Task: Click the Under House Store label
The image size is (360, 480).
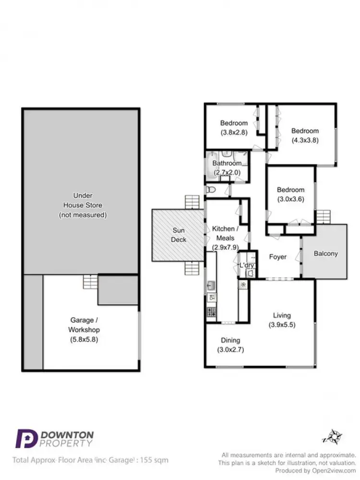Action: tap(83, 205)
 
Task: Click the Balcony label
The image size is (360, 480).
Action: tap(325, 254)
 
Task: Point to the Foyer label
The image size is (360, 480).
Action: tap(277, 257)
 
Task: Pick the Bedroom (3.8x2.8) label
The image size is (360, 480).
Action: tap(234, 128)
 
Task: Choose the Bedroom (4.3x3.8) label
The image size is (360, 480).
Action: tap(305, 135)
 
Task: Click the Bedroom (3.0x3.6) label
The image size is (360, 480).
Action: tap(290, 194)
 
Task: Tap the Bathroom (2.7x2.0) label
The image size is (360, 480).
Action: tap(227, 168)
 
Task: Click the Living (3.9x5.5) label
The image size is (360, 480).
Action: tap(282, 320)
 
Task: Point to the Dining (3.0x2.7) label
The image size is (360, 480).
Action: tap(230, 345)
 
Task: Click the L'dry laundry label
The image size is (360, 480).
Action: tap(247, 265)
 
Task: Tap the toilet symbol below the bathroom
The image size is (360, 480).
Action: tap(210, 190)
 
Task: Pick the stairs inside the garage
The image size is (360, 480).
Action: tap(90, 280)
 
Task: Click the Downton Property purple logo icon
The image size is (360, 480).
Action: tap(27, 439)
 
